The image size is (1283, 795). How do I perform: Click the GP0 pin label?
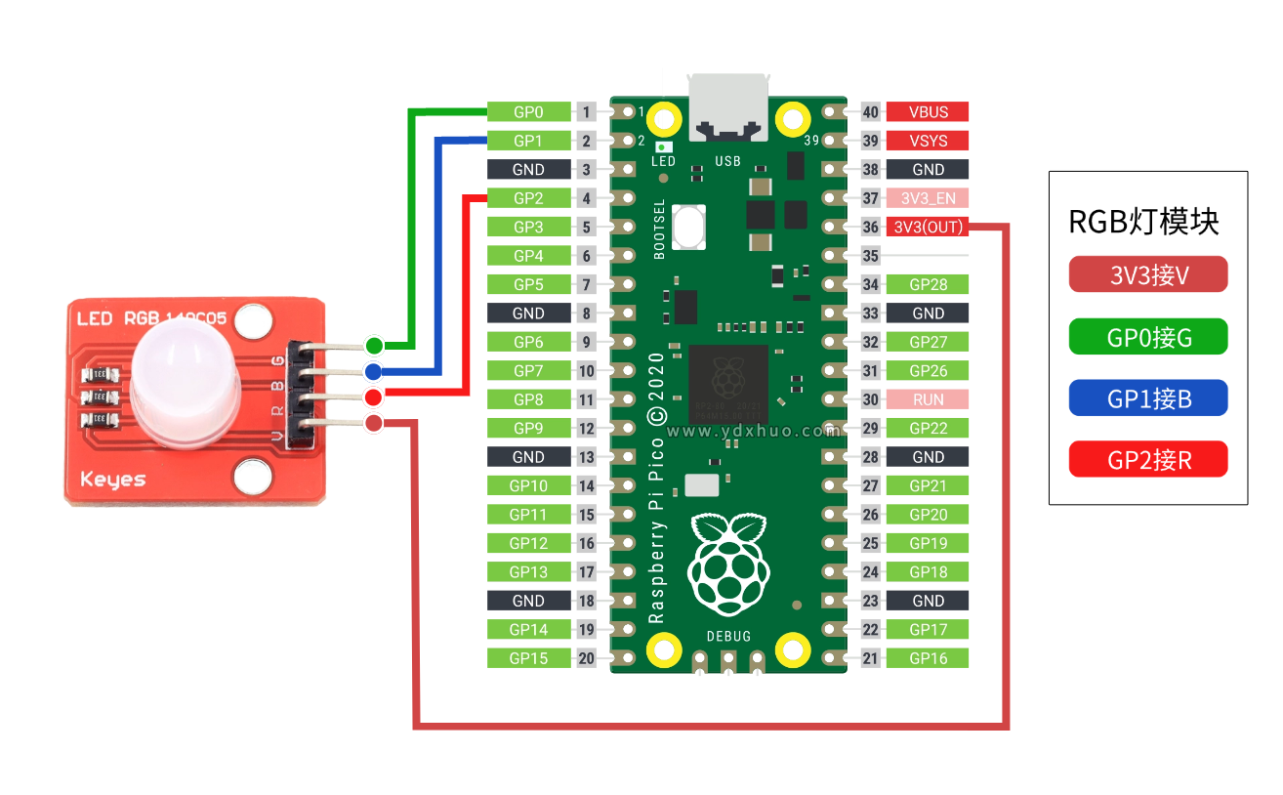tap(528, 112)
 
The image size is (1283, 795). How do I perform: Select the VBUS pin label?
tap(928, 112)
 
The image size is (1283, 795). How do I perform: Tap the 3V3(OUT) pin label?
tap(928, 228)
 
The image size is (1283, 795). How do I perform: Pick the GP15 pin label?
tap(528, 658)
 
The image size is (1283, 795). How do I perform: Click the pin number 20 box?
tap(586, 658)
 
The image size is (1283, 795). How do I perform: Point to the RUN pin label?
tap(928, 399)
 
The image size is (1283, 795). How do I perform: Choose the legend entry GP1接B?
tap(1148, 398)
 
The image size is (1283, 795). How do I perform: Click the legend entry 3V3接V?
tap(1148, 275)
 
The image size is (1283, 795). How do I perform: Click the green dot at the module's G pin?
tap(374, 345)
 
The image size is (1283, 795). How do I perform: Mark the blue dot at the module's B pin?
tap(373, 371)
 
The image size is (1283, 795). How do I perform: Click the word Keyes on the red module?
tap(112, 479)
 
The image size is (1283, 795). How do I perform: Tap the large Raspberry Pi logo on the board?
tap(728, 563)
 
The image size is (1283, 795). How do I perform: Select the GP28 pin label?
tap(928, 285)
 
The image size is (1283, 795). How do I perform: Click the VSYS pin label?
tap(928, 141)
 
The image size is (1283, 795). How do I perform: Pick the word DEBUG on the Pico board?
tap(728, 637)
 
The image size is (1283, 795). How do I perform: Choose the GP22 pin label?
tap(928, 428)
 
